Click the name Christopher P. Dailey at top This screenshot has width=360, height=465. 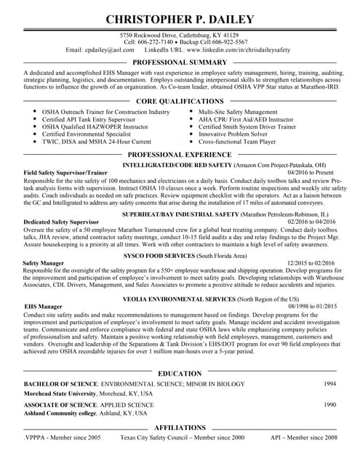pyautogui.click(x=180, y=18)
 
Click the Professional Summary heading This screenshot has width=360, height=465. pyautogui.click(x=180, y=64)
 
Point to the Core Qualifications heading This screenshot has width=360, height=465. pyautogui.click(x=180, y=101)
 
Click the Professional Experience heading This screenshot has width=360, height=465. pyautogui.click(x=180, y=155)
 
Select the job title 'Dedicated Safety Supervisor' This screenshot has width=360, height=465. pyautogui.click(x=61, y=221)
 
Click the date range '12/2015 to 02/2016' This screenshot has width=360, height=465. pyautogui.click(x=311, y=262)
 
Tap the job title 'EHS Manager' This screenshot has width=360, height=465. pyautogui.click(x=44, y=307)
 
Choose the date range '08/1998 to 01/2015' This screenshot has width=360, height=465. pyautogui.click(x=313, y=307)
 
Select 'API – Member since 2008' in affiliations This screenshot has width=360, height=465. pyautogui.click(x=303, y=438)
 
